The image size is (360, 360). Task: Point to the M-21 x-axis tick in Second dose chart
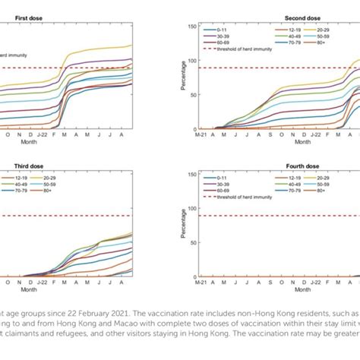[x=201, y=135]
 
